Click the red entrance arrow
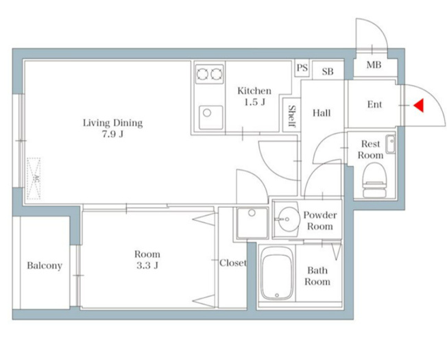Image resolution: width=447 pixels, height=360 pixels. [x=419, y=105]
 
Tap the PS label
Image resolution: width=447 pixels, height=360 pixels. [x=302, y=68]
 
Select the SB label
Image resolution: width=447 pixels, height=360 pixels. [x=328, y=71]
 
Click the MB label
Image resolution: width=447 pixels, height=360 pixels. [x=374, y=65]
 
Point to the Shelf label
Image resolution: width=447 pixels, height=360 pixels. [x=292, y=116]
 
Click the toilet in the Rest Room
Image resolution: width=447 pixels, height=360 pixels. [x=374, y=180]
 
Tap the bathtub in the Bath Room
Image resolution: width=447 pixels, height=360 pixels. [x=278, y=274]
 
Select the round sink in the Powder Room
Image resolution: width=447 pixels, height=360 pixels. [x=287, y=219]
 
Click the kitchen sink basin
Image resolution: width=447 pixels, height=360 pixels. [x=210, y=117]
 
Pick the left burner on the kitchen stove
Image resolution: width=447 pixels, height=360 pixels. [x=202, y=74]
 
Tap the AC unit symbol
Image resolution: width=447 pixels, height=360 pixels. [x=34, y=178]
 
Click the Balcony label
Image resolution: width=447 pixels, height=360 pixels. [x=45, y=265]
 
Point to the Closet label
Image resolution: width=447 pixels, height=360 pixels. [x=233, y=263]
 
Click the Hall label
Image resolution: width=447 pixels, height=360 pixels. [x=322, y=113]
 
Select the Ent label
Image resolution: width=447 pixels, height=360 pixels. [x=374, y=105]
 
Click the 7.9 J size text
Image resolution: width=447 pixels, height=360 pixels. [x=113, y=134]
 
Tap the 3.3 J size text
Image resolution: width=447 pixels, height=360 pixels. [x=147, y=265]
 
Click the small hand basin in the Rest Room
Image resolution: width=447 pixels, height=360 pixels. [x=391, y=144]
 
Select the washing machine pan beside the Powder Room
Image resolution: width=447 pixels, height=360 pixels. [x=252, y=223]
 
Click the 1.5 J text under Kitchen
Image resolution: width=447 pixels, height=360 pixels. [x=255, y=102]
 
